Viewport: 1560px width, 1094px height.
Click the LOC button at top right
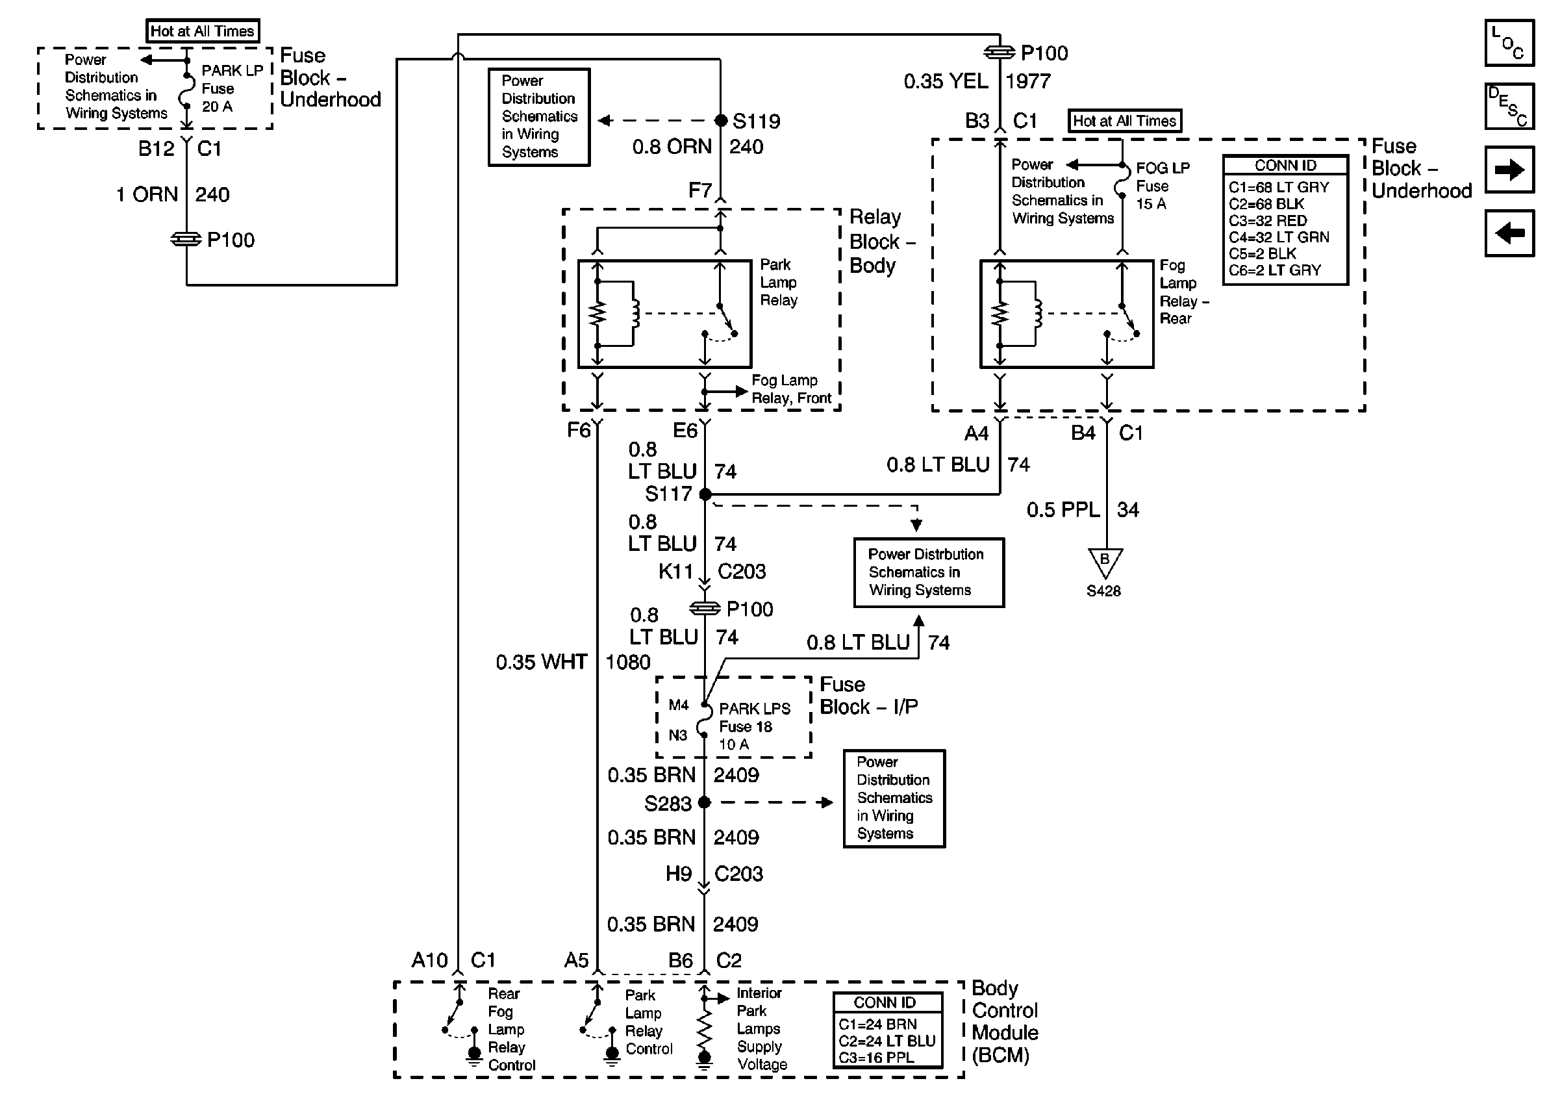[1509, 42]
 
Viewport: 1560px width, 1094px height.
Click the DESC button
[1509, 106]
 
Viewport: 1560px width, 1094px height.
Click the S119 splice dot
[721, 121]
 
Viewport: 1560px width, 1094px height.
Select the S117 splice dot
[705, 494]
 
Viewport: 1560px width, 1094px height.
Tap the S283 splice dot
[705, 802]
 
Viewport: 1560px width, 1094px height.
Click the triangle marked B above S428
[1105, 561]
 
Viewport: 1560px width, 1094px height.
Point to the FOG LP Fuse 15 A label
[1162, 186]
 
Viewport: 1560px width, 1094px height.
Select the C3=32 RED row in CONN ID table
[1268, 220]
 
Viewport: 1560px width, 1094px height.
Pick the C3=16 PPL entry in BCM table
[877, 1058]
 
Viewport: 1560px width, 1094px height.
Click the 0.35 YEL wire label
[945, 82]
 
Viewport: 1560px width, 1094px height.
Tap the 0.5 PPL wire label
[1063, 509]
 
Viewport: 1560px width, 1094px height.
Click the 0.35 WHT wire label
[541, 662]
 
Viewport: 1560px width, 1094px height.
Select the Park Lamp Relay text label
[778, 282]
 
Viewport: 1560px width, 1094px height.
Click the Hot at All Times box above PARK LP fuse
[203, 31]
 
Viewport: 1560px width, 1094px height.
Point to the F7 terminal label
[700, 190]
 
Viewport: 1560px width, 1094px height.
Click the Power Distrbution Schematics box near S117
[928, 572]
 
